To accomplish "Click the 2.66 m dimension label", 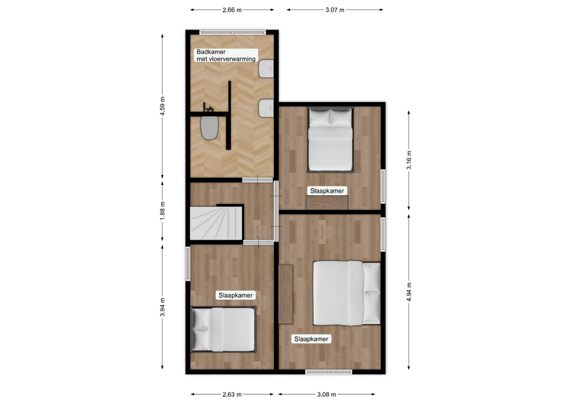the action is pyautogui.click(x=232, y=10).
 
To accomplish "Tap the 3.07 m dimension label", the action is pyautogui.click(x=335, y=10).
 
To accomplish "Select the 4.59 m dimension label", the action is pyautogui.click(x=162, y=106).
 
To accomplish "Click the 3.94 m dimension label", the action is pyautogui.click(x=162, y=307).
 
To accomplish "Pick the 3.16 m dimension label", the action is pyautogui.click(x=409, y=160).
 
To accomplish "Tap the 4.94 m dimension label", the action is pyautogui.click(x=409, y=292).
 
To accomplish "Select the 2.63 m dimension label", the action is pyautogui.click(x=232, y=394).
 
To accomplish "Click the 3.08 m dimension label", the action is pyautogui.click(x=327, y=394).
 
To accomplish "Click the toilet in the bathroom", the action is pyautogui.click(x=209, y=127).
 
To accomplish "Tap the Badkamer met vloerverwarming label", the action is pyautogui.click(x=226, y=55).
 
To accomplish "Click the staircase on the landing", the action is pyautogui.click(x=217, y=223).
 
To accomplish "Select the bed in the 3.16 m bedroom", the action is pyautogui.click(x=330, y=139).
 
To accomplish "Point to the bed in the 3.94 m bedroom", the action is pyautogui.click(x=223, y=329).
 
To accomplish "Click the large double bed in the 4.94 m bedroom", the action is pyautogui.click(x=347, y=293).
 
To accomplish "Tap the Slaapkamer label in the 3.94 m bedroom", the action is pyautogui.click(x=236, y=295).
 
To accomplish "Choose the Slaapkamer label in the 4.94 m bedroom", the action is pyautogui.click(x=311, y=339).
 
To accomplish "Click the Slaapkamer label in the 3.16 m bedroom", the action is pyautogui.click(x=327, y=190).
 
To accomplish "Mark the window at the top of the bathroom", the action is pyautogui.click(x=233, y=32).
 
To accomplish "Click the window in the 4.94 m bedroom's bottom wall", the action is pyautogui.click(x=329, y=372).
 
